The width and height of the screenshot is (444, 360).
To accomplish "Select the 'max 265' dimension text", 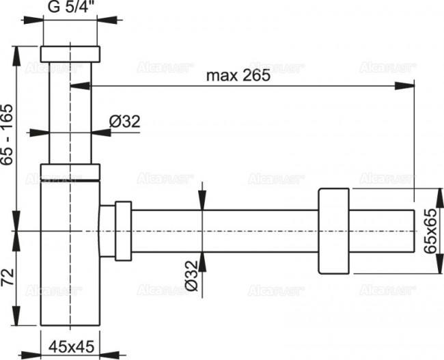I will coord(238,77).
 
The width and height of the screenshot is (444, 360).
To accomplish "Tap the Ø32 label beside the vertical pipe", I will coord(125,122).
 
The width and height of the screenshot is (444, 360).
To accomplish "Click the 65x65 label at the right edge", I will coord(430,232).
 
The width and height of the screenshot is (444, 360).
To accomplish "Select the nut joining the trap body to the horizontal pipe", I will coord(123,231).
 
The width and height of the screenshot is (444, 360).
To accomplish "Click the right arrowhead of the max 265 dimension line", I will coord(410,85).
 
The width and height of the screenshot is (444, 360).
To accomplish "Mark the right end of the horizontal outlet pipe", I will coord(414,231).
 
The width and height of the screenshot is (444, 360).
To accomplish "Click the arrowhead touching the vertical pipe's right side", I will coord(96,133).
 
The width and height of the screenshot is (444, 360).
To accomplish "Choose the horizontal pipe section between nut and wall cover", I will coord(225,231).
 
